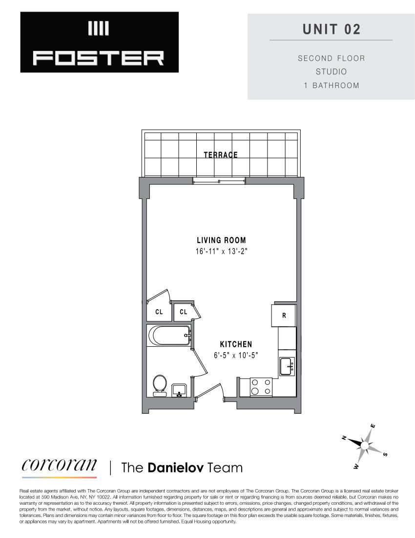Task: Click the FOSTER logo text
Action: (99, 59)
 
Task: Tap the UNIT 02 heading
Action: (331, 29)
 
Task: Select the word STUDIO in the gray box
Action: (331, 72)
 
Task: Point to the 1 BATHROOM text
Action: (331, 86)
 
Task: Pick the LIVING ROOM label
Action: (221, 240)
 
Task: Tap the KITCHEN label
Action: (236, 344)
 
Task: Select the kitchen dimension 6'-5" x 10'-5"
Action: (236, 356)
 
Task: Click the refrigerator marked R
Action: (284, 315)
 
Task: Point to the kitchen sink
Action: (287, 366)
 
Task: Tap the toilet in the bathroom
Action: (159, 384)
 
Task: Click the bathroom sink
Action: (179, 390)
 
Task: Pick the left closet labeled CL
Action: (159, 312)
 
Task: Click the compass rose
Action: (365, 444)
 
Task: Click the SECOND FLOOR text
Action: (331, 58)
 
